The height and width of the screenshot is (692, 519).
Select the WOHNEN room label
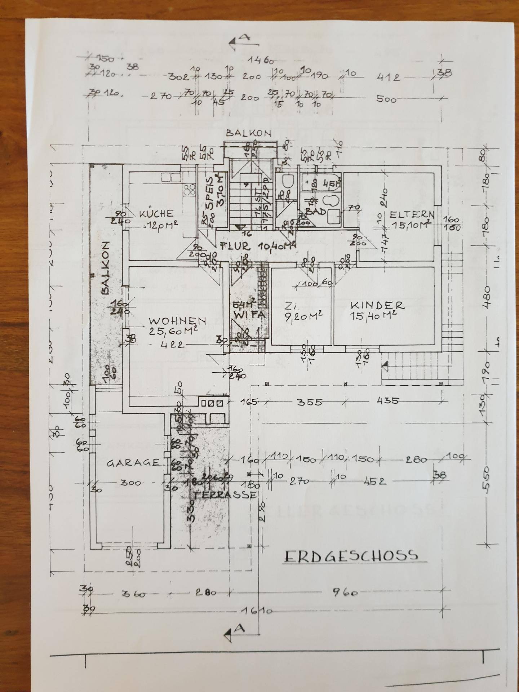click(178, 320)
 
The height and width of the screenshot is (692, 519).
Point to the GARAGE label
click(133, 463)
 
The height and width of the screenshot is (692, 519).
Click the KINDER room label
click(377, 305)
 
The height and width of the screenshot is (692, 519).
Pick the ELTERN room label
click(412, 215)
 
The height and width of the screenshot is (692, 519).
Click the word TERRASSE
click(223, 494)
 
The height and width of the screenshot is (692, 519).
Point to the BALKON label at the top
click(248, 133)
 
